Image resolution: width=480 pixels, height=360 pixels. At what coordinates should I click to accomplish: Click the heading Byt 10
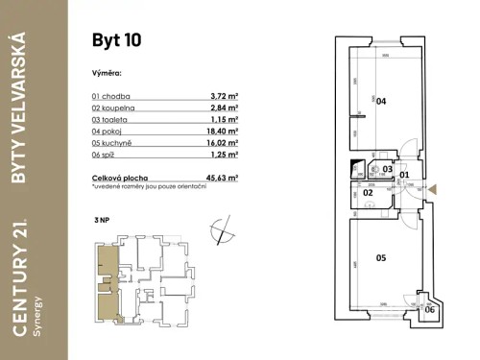pos(116,40)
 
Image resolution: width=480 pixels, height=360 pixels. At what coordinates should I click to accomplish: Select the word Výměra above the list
pos(107,72)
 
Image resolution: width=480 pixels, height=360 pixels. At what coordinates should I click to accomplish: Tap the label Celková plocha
pos(119,178)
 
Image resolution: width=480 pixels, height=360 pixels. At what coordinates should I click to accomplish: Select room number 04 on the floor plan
pos(380,101)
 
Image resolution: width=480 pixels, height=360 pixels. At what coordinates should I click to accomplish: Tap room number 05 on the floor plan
pos(380,257)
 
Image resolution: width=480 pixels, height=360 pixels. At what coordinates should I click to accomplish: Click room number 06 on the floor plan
pos(429,309)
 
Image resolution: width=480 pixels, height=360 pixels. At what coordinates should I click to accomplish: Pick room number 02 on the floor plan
pos(367,193)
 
